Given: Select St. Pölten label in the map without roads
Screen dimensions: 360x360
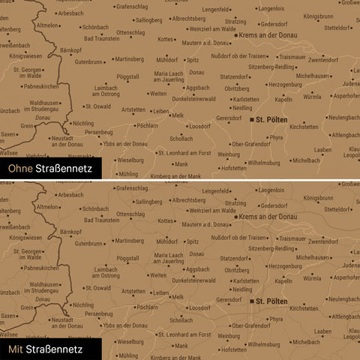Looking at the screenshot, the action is click(x=271, y=118).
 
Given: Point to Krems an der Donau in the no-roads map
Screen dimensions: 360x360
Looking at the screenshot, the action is click(x=268, y=34).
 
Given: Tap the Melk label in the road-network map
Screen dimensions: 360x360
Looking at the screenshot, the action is click(x=178, y=296).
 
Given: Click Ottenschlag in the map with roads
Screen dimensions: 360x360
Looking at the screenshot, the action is click(x=130, y=214).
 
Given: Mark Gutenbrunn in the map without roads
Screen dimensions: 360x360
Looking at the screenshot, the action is click(x=88, y=62).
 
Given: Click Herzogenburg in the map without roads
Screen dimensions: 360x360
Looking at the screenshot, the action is click(x=284, y=85).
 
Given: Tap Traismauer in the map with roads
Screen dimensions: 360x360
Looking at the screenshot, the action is click(x=291, y=238).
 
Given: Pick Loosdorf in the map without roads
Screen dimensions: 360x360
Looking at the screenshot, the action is click(x=199, y=127).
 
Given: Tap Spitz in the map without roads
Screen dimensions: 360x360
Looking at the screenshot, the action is click(x=193, y=59).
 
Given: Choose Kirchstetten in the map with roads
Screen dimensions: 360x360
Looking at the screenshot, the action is click(x=304, y=308).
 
